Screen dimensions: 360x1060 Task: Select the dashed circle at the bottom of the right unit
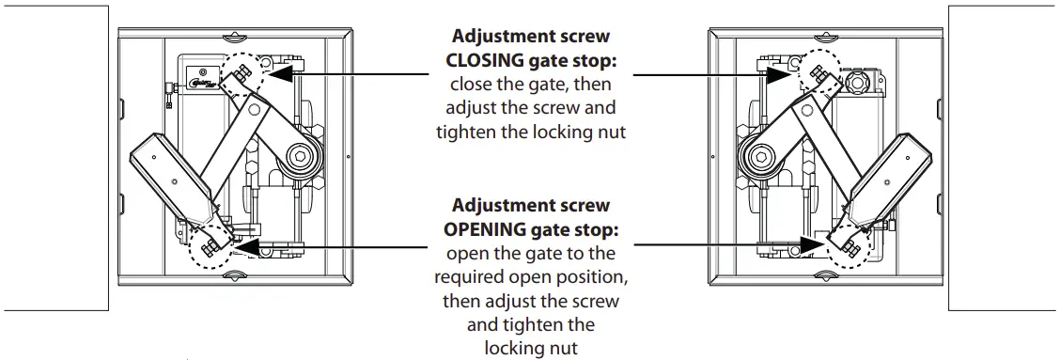(848, 244)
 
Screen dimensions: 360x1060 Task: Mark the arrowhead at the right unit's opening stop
(819, 245)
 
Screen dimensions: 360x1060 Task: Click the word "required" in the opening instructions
(466, 278)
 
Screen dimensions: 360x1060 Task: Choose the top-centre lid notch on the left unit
(235, 39)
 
